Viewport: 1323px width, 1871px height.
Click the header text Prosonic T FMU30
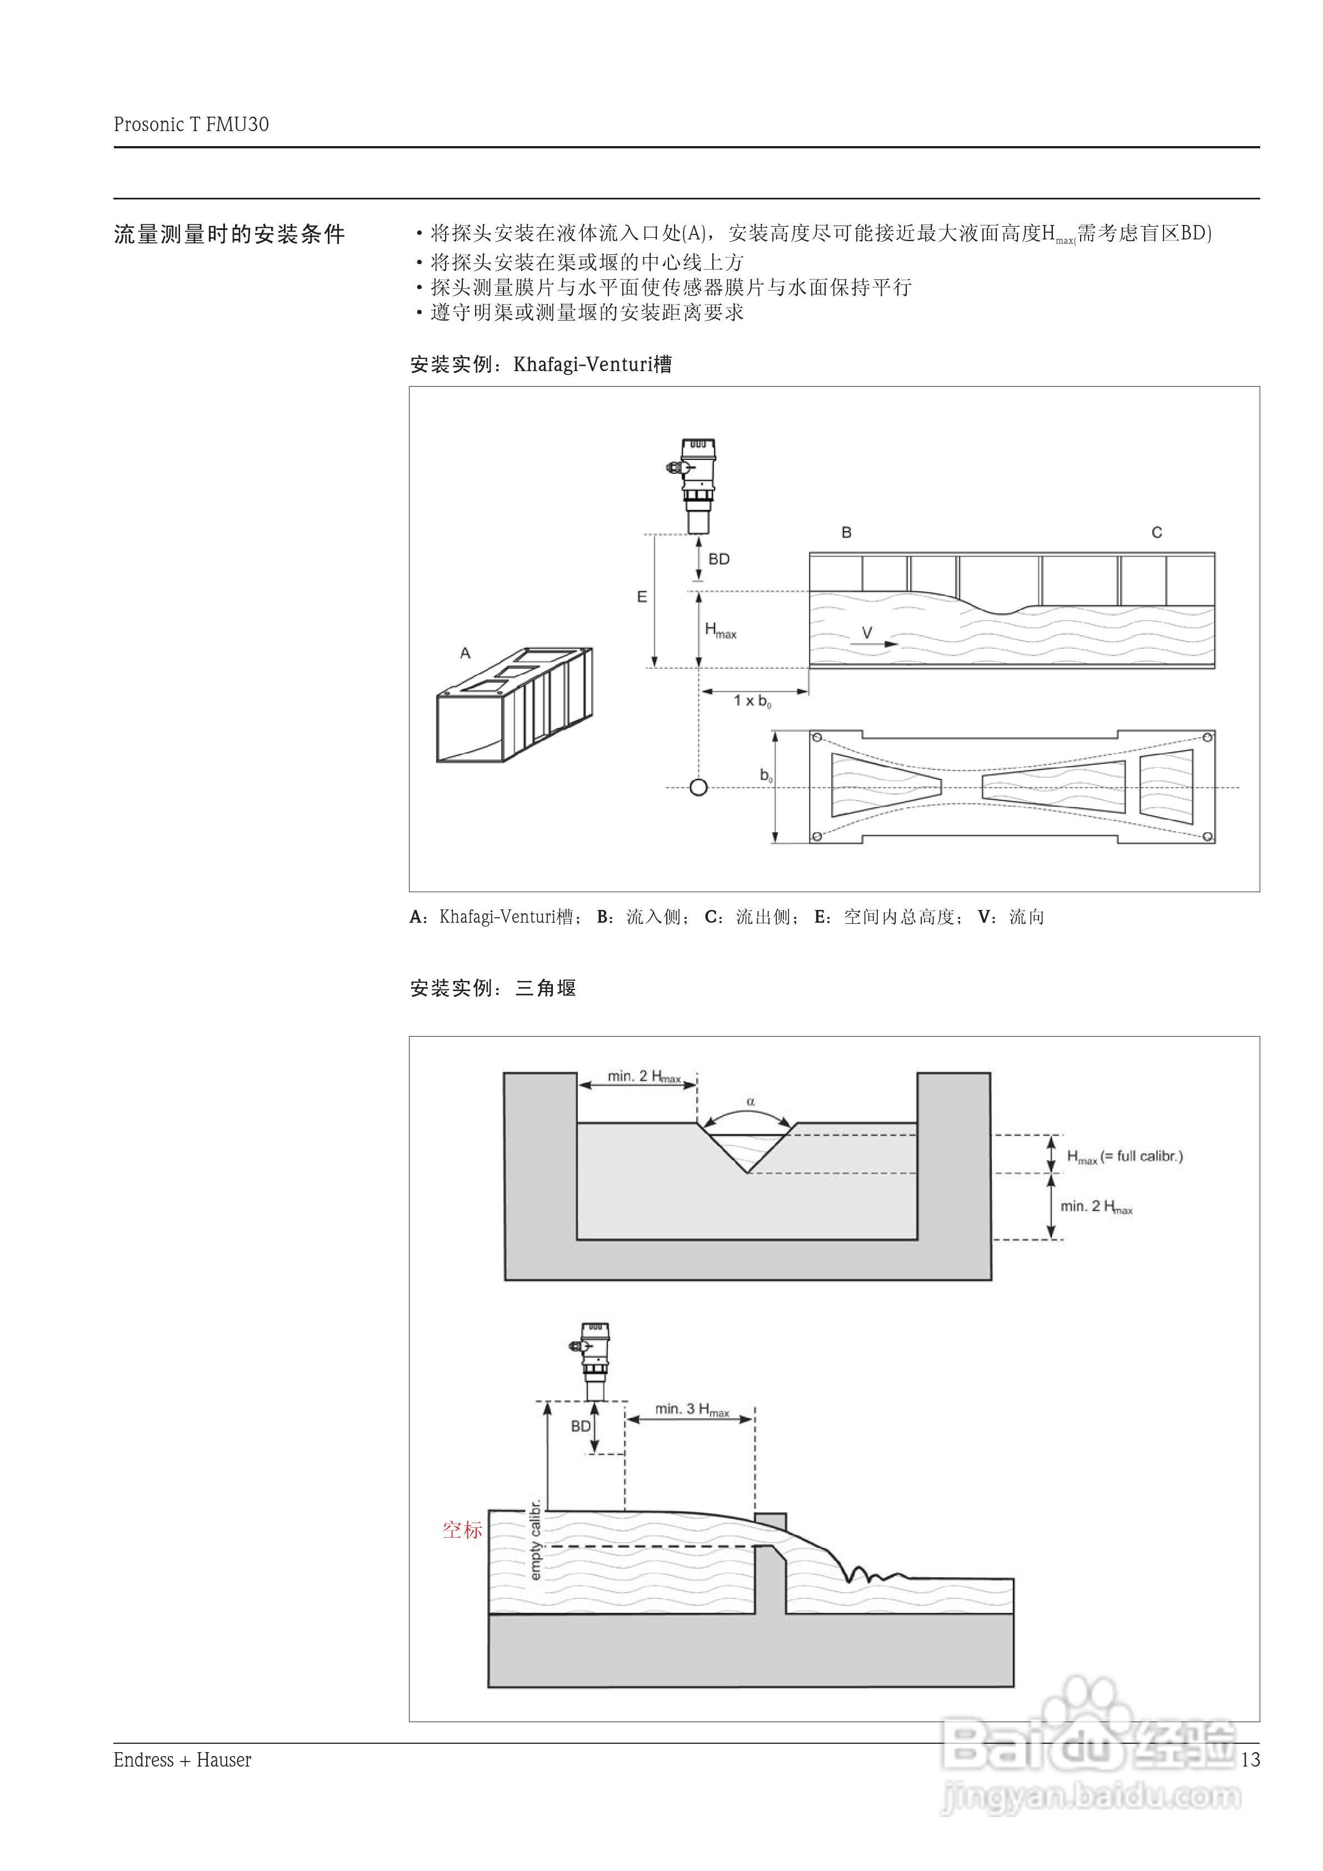[191, 124]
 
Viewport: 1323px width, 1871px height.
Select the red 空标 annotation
[462, 1529]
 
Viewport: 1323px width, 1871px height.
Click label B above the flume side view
[846, 532]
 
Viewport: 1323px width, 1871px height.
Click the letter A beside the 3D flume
[466, 653]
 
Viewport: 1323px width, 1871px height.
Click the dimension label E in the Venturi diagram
[642, 597]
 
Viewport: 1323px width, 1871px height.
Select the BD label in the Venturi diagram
[718, 559]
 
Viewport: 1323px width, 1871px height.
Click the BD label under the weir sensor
[581, 1426]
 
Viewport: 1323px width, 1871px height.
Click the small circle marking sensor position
[698, 787]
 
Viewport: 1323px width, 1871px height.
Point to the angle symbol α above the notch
[751, 1102]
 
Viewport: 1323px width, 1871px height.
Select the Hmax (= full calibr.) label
[1124, 1157]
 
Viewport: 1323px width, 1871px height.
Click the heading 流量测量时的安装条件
[229, 234]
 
